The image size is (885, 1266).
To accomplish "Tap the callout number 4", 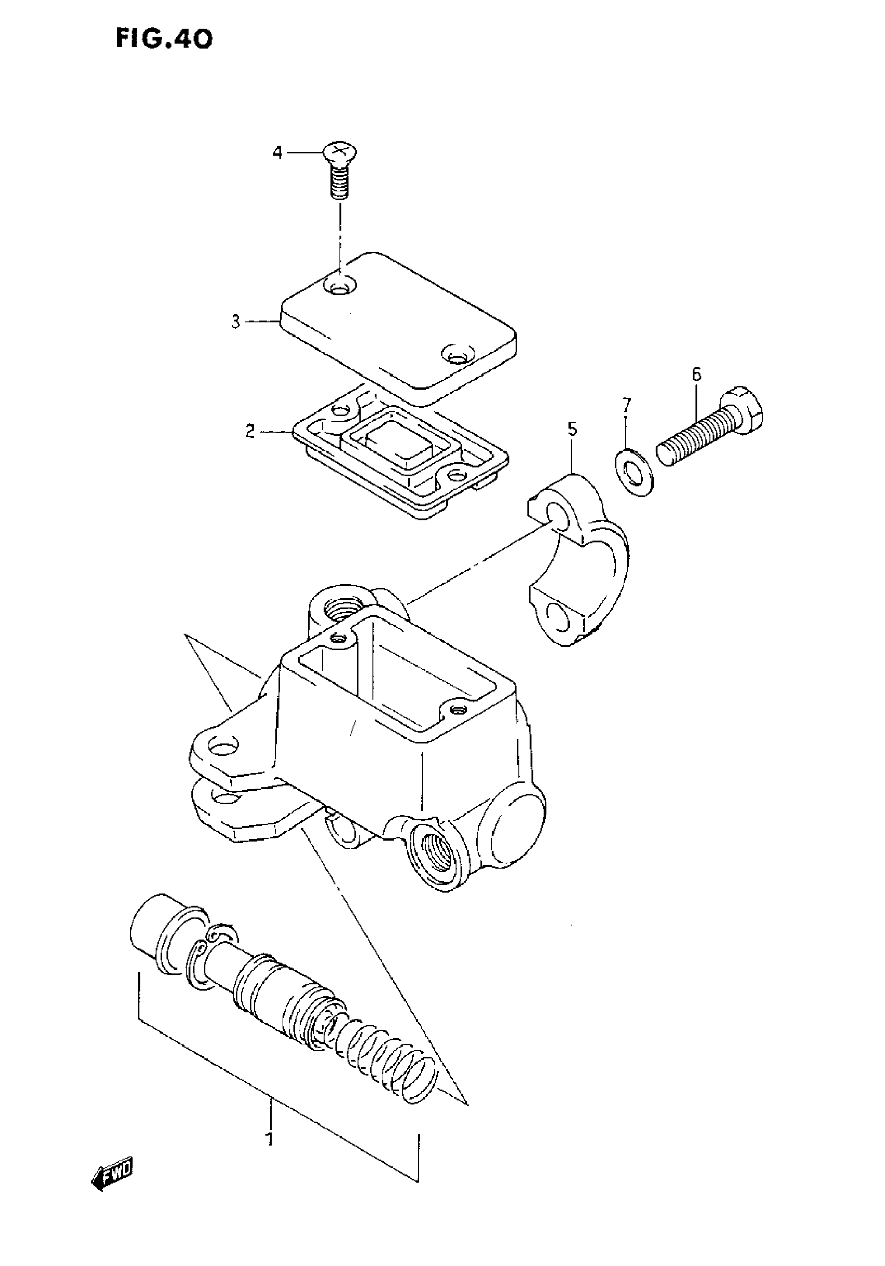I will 277,152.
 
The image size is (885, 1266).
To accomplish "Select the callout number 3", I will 236,322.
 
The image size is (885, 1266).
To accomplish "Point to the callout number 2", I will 250,432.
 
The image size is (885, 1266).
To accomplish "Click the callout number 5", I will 572,429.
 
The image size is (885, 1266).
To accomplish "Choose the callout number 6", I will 697,375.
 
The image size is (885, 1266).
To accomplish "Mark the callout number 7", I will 625,406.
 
